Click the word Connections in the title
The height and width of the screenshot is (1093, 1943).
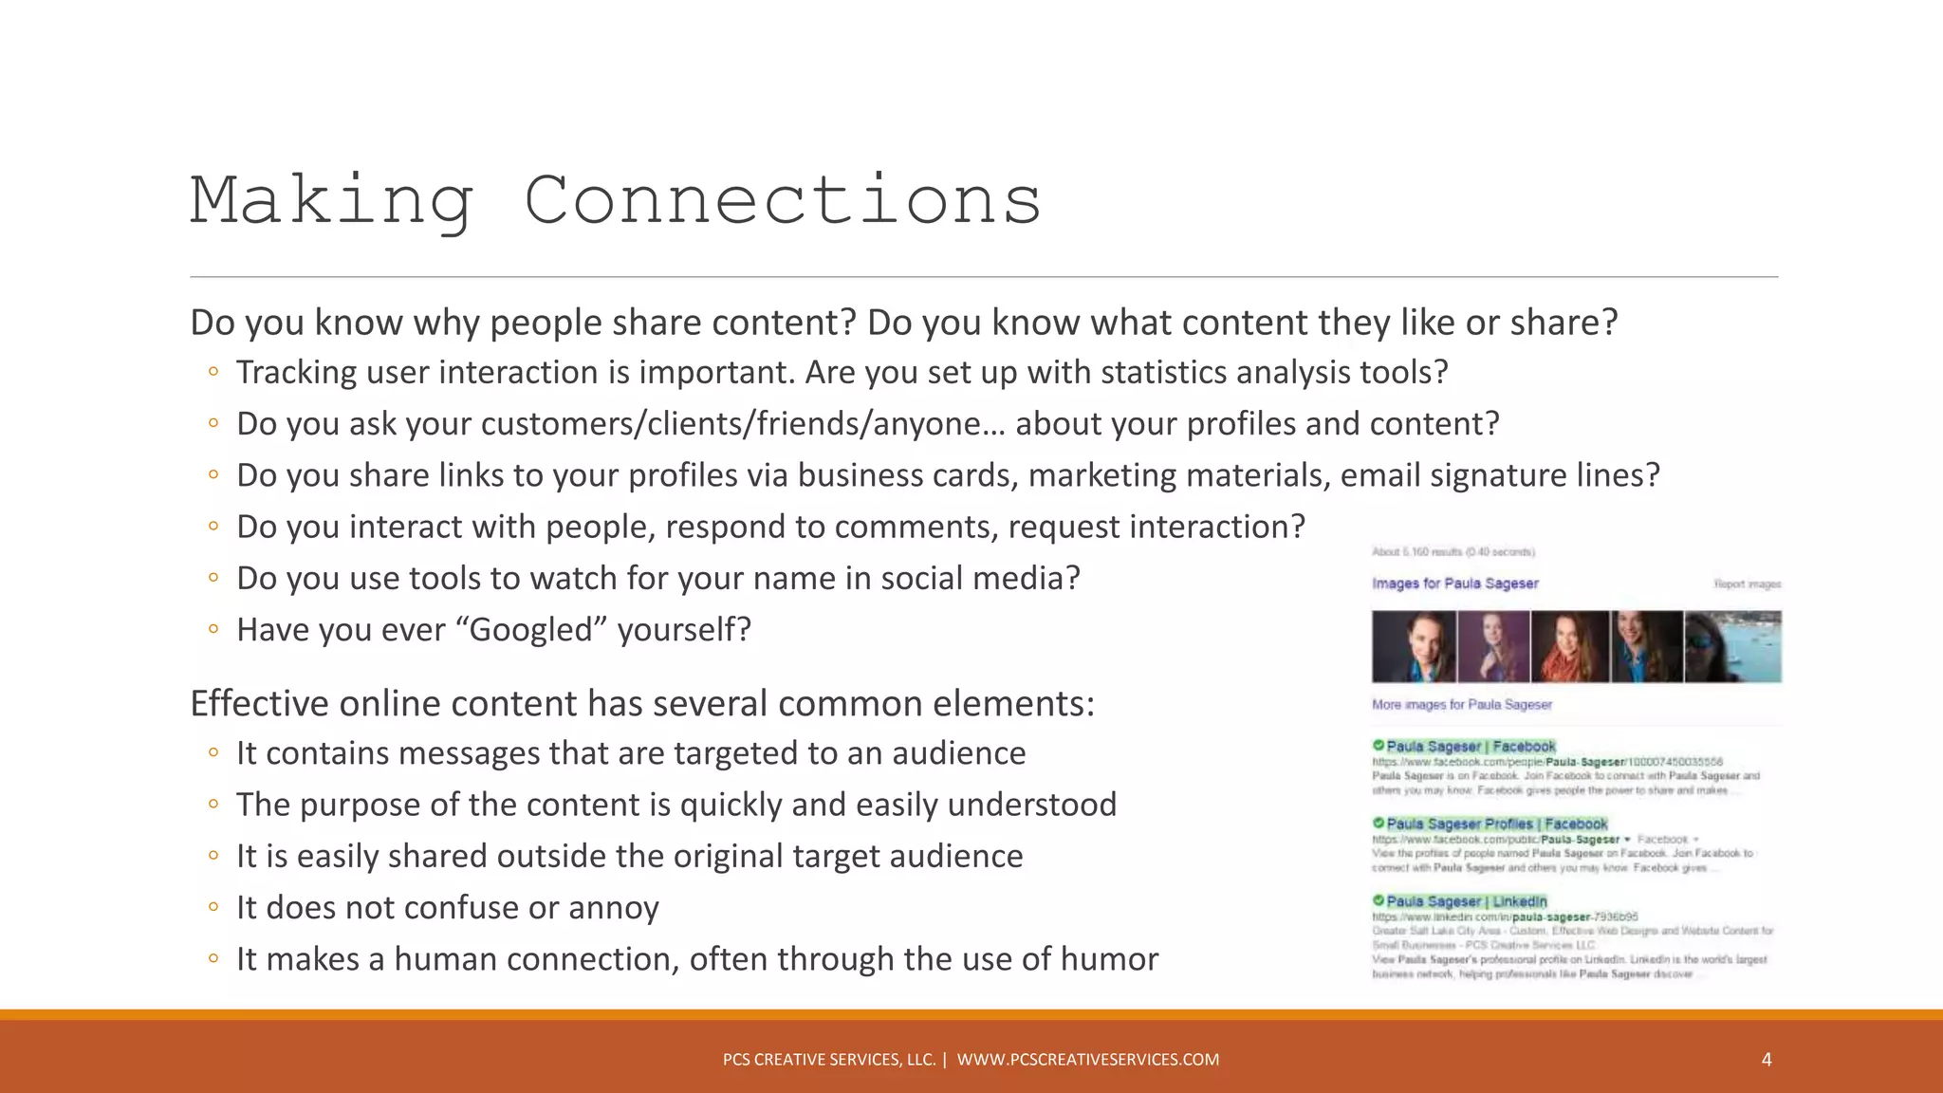pyautogui.click(x=783, y=201)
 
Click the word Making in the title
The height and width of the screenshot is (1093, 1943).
pyautogui.click(x=332, y=201)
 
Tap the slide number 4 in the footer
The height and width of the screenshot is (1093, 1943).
pyautogui.click(x=1766, y=1060)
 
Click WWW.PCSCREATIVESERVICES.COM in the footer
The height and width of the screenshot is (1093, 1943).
pyautogui.click(x=1087, y=1060)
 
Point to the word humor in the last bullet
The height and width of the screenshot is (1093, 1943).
pyautogui.click(x=1109, y=959)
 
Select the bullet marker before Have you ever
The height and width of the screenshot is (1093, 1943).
pyautogui.click(x=213, y=628)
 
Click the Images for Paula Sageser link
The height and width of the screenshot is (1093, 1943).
pyautogui.click(x=1454, y=584)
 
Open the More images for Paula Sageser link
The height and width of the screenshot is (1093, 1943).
pyautogui.click(x=1461, y=705)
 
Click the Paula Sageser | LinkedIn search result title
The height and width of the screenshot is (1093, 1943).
pyautogui.click(x=1466, y=901)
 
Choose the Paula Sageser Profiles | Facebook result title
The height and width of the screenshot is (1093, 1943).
pyautogui.click(x=1496, y=824)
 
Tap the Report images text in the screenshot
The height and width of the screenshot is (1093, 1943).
pyautogui.click(x=1747, y=584)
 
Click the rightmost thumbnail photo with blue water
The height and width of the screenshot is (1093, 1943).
pyautogui.click(x=1732, y=647)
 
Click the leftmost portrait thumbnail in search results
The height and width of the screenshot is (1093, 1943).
pyautogui.click(x=1413, y=647)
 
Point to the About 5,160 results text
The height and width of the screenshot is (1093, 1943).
pyautogui.click(x=1453, y=552)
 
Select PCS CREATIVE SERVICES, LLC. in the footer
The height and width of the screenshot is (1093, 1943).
pyautogui.click(x=828, y=1060)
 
